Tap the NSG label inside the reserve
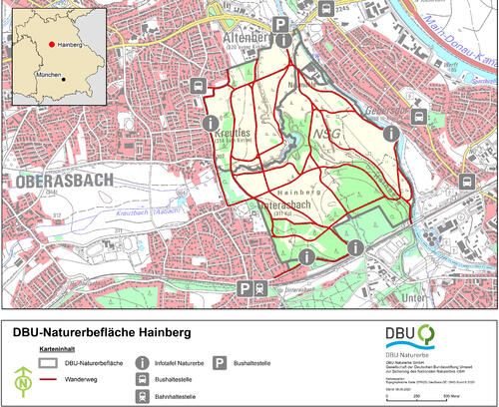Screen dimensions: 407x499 [326, 134]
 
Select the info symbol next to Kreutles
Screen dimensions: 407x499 [210, 123]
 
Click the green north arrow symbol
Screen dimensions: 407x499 [23, 380]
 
